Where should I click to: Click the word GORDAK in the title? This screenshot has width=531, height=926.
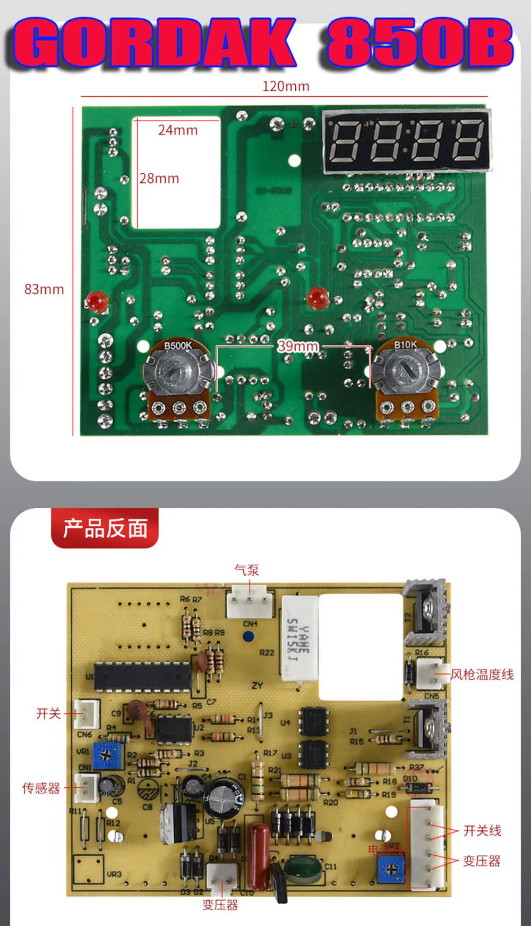154,44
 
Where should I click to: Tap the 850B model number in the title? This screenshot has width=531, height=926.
419,44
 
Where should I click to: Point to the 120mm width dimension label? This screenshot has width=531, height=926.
286,86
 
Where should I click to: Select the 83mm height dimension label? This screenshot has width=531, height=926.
44,289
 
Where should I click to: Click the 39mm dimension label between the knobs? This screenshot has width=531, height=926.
298,346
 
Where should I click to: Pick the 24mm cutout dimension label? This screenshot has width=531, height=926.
178,130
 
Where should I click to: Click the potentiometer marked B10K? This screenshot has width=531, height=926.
406,372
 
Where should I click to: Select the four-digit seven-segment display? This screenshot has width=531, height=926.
406,140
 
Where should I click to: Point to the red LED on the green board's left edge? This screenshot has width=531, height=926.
97,301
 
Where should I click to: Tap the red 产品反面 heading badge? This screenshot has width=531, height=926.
105,528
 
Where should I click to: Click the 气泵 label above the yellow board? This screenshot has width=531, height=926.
247,570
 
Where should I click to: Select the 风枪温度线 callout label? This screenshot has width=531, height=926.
482,675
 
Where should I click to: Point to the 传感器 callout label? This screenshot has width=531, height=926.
41,788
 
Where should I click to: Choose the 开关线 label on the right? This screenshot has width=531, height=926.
482,830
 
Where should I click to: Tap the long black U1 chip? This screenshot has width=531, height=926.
142,677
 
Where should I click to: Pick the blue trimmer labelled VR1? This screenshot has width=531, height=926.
108,755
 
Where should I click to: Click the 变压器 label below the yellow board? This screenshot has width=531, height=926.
220,905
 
